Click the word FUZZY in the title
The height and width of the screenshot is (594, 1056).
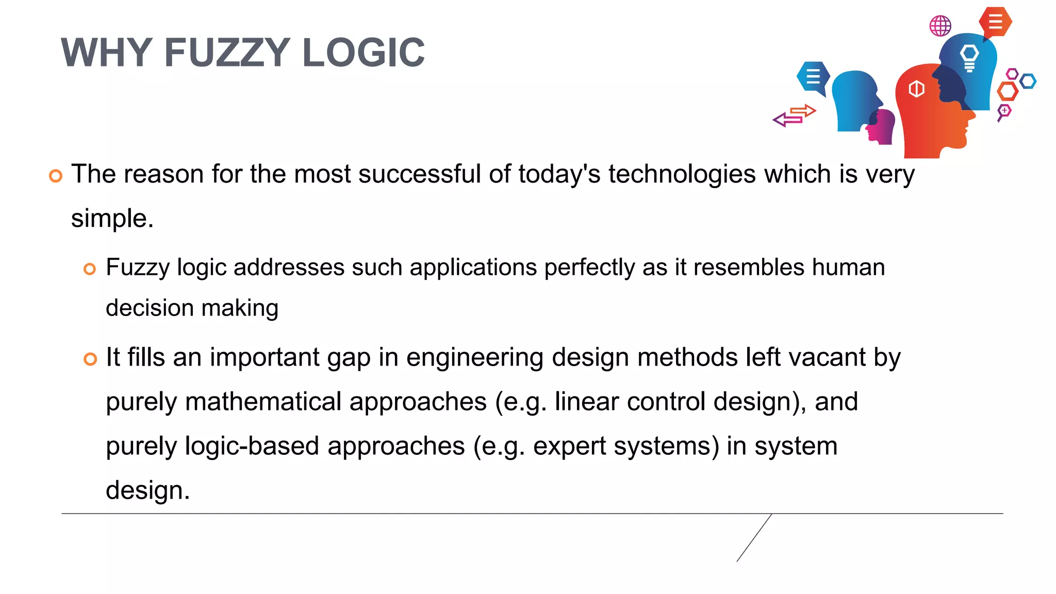227,53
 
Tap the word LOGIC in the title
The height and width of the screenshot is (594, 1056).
363,53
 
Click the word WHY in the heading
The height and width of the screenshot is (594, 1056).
106,53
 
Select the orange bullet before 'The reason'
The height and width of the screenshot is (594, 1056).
56,176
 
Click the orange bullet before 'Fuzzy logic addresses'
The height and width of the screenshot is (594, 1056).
90,269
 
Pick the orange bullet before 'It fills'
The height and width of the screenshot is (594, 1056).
90,359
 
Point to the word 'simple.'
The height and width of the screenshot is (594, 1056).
112,219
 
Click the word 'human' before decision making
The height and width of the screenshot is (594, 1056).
848,268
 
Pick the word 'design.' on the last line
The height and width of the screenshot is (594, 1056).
147,490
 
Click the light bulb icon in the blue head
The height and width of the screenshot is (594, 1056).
969,57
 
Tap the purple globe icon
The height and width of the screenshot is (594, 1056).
940,25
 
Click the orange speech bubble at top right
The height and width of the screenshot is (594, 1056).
995,22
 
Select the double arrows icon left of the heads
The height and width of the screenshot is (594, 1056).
794,115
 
